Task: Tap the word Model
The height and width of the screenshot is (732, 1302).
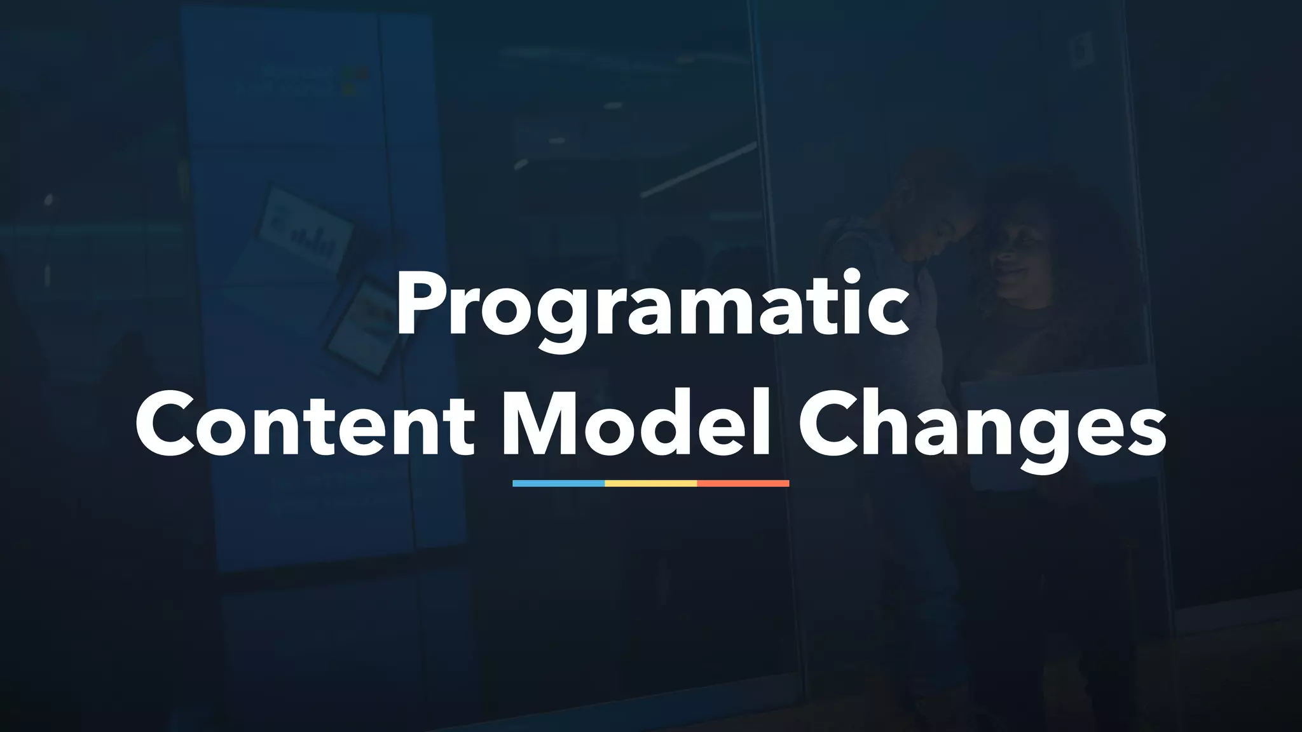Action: click(x=636, y=422)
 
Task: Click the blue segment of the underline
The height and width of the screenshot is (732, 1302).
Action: click(x=558, y=484)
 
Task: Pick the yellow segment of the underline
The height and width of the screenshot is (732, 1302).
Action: click(x=650, y=484)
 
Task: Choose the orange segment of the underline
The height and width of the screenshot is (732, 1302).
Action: click(x=743, y=484)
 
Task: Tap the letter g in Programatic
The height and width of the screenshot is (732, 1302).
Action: click(x=563, y=320)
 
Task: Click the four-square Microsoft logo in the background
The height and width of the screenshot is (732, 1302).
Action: click(x=355, y=81)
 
